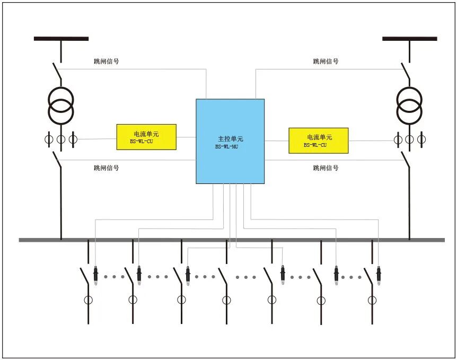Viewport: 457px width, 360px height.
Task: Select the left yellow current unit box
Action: tap(146, 137)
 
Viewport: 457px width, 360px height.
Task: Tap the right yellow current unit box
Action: tap(318, 141)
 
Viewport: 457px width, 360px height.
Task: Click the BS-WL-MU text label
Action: tap(226, 146)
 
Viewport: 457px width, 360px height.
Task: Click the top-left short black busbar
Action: tap(61, 39)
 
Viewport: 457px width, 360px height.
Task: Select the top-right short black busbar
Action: tap(409, 39)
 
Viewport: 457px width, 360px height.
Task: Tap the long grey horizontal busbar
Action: tap(232, 240)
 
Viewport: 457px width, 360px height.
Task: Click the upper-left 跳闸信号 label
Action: tap(106, 62)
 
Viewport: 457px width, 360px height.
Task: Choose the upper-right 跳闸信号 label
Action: tap(326, 62)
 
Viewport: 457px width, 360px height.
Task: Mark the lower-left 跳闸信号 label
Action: tap(106, 168)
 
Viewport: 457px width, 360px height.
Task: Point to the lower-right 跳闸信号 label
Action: tap(326, 168)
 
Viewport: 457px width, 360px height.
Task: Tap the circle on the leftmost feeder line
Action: tap(88, 300)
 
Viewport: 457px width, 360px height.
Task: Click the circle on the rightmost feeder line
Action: tap(372, 300)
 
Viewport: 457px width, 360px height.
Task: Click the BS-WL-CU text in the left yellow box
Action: tap(142, 142)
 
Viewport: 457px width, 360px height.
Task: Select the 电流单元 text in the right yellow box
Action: tap(319, 137)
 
